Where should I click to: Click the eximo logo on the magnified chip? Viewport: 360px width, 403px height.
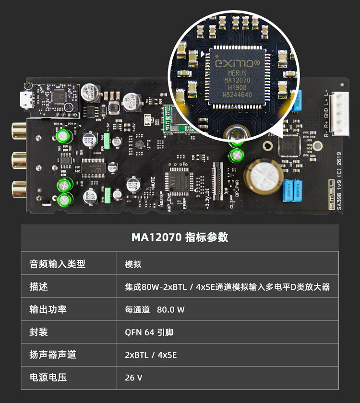coord(237,63)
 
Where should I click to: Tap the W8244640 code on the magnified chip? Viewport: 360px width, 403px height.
coord(237,95)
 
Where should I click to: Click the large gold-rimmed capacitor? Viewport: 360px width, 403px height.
coord(260,174)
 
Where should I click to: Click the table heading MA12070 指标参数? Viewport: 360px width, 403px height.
coord(180,237)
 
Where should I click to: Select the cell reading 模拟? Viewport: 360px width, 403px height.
coord(133,264)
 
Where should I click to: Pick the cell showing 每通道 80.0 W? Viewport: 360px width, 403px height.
coord(155,309)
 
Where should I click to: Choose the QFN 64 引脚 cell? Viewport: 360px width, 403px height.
coord(149,332)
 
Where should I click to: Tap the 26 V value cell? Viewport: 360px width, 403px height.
coord(133,378)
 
